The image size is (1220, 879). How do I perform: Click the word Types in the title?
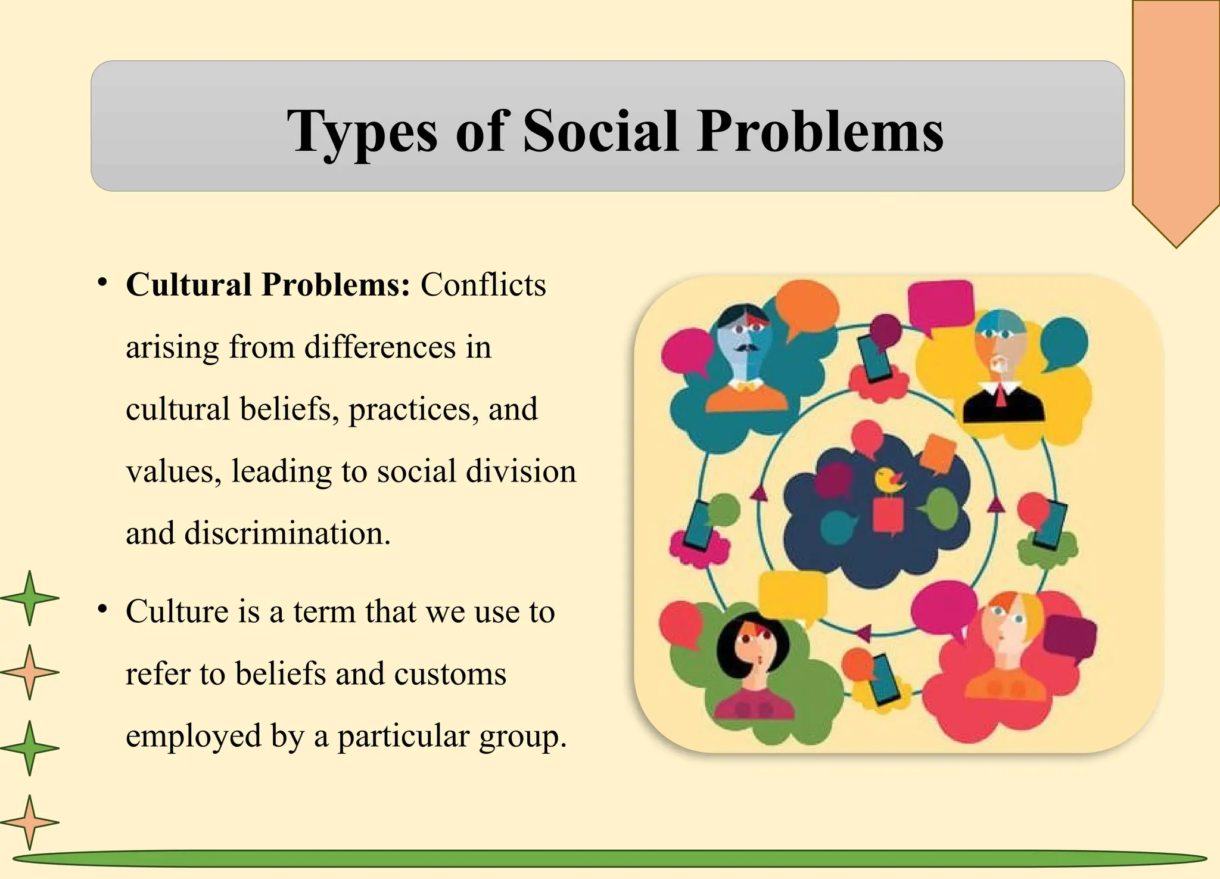click(362, 132)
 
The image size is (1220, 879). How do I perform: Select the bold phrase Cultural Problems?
click(268, 285)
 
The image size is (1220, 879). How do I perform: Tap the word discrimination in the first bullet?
click(288, 533)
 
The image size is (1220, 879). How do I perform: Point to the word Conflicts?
click(483, 285)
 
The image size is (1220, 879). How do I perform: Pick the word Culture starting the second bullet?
click(177, 612)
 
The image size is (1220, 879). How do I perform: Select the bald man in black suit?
click(1003, 369)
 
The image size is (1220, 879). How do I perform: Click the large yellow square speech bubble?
click(792, 596)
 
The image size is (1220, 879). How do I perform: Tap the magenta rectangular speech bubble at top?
click(941, 304)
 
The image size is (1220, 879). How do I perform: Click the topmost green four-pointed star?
click(29, 598)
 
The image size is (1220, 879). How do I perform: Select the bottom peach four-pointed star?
click(29, 822)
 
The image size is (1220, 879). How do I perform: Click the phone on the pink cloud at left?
click(697, 524)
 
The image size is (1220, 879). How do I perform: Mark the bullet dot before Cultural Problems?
click(103, 282)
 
